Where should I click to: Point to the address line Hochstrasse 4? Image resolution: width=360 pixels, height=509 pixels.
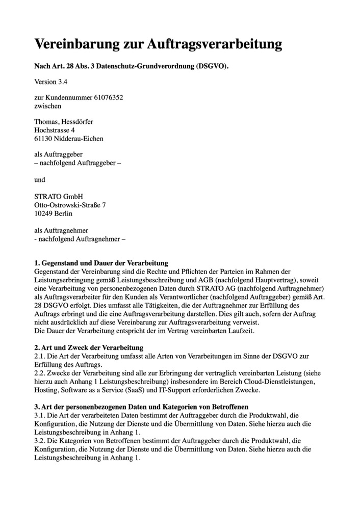click(58, 130)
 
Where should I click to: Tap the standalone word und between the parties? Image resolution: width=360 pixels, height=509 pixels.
click(40, 180)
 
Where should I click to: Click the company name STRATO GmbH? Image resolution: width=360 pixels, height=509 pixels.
click(59, 196)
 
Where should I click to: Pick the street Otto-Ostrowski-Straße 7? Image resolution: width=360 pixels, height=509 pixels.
click(70, 205)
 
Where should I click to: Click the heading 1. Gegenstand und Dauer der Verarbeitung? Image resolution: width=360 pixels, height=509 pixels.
click(101, 263)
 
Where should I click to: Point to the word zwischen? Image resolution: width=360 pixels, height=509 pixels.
click(47, 105)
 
